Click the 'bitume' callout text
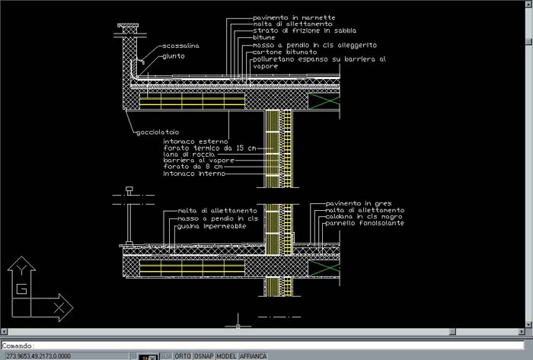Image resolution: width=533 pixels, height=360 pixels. (x=263, y=38)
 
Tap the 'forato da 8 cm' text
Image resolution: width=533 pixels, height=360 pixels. (x=187, y=167)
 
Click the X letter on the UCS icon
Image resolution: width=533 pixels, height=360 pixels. (x=58, y=307)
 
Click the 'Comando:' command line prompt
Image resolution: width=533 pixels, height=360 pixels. (x=18, y=346)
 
